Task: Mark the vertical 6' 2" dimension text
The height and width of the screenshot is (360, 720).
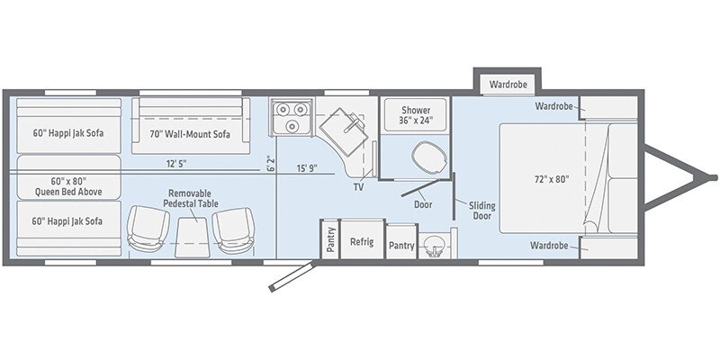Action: click(270, 164)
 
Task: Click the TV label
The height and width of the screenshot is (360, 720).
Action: click(357, 189)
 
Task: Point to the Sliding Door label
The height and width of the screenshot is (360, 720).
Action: click(481, 211)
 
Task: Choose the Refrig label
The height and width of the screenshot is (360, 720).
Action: click(362, 241)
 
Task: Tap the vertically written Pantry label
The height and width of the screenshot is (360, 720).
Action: click(330, 242)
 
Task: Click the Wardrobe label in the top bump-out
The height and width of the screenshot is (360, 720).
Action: click(508, 85)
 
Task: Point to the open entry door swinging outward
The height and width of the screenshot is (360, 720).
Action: click(289, 275)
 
